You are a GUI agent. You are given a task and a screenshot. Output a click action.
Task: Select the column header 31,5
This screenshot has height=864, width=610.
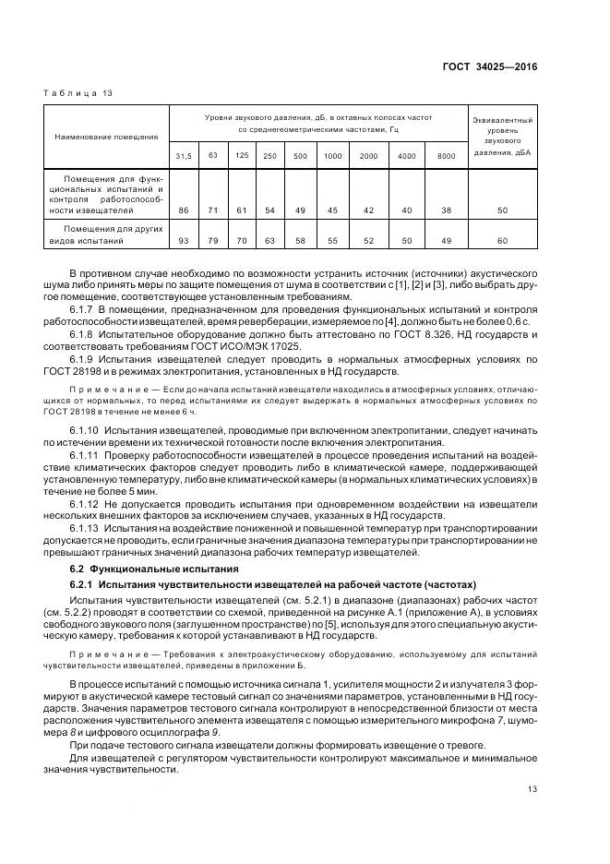184,156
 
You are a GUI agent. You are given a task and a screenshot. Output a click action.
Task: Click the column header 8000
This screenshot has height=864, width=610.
446,156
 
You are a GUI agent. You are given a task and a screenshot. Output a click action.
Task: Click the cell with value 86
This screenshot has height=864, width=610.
184,211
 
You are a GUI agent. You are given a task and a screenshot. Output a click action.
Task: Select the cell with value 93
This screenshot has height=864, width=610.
184,241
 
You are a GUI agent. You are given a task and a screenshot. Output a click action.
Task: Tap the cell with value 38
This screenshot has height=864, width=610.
446,211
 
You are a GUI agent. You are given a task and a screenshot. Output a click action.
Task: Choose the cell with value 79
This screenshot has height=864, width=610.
212,241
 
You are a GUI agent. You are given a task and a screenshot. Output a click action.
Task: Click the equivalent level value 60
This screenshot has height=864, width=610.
503,241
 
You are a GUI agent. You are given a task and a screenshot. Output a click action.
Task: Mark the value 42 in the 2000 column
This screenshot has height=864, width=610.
368,211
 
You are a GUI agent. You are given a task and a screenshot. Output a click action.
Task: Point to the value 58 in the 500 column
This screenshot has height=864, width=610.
300,241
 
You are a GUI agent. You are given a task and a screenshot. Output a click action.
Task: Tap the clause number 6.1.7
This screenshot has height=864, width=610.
83,309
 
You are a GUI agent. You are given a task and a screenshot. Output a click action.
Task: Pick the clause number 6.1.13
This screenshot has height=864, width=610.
85,527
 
